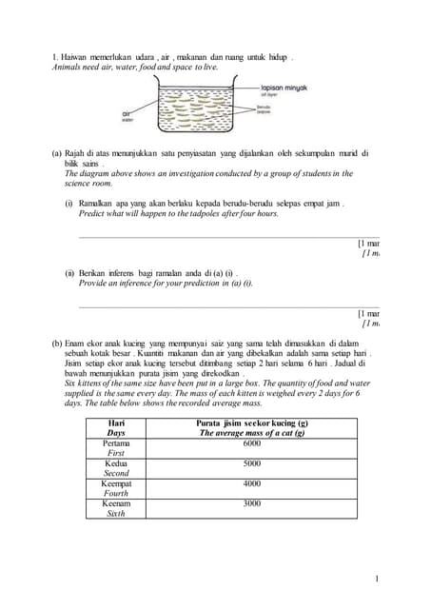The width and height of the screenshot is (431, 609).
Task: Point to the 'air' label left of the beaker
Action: click(127, 113)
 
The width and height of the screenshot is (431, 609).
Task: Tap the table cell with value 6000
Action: click(252, 443)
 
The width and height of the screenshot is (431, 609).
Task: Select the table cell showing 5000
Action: click(252, 463)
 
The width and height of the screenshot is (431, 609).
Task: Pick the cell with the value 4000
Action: click(252, 483)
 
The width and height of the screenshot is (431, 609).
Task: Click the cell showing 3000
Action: click(252, 503)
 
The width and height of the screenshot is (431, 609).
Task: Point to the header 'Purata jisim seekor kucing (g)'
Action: click(252, 422)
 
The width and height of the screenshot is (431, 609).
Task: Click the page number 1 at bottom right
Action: click(377, 578)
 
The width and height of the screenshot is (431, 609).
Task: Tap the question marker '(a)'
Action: click(57, 153)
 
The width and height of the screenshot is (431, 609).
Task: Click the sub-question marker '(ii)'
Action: click(69, 273)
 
